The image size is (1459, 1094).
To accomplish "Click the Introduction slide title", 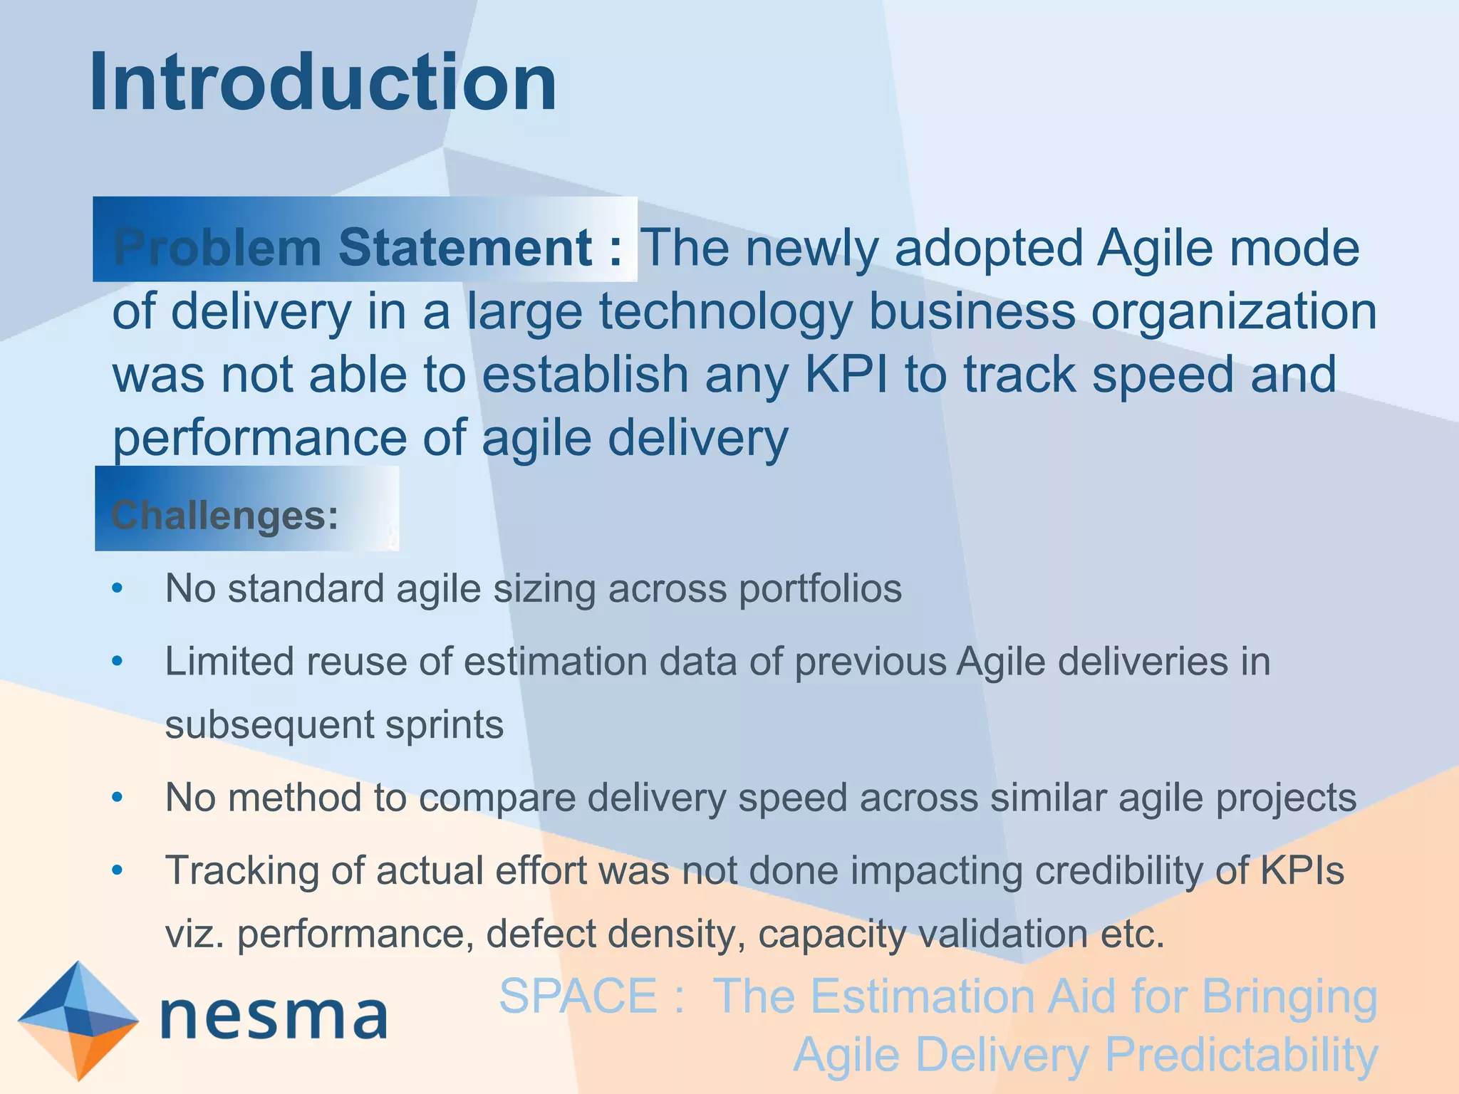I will point(322,83).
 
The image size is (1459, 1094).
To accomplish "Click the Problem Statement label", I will point(367,247).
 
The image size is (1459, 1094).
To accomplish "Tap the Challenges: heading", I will point(225,515).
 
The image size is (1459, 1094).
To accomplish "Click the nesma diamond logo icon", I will point(78,1019).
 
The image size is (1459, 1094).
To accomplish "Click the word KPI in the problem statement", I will point(846,375).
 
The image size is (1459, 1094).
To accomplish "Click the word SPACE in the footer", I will point(578,996).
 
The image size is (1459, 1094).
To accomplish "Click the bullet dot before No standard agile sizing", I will point(118,589).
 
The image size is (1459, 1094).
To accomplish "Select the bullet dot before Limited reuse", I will point(118,662).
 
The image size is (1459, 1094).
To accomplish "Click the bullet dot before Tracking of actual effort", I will point(118,870).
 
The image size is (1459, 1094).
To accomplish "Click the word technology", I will point(725,312).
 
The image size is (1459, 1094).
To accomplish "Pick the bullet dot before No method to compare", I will point(118,798).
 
